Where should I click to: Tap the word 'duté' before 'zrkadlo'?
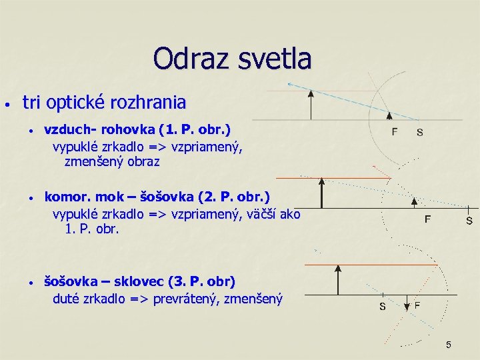(67, 299)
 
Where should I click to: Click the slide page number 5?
(449, 345)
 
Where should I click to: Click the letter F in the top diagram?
(395, 132)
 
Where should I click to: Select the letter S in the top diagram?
(419, 132)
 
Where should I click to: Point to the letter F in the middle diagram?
(428, 218)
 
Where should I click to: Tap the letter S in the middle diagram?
(469, 220)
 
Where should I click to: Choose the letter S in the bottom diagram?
(382, 307)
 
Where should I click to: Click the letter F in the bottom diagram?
(417, 305)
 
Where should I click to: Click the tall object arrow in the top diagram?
(311, 105)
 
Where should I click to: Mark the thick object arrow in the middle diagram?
(321, 193)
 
